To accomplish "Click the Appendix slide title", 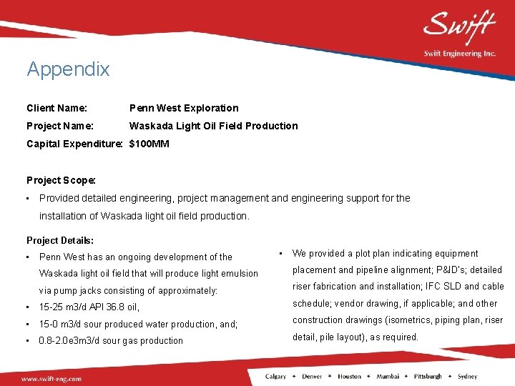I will point(68,69).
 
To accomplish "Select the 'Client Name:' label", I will point(57,108).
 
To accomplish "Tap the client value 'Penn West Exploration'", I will point(184,108).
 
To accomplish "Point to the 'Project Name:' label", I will point(59,126).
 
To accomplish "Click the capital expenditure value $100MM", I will point(149,144).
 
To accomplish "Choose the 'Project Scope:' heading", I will point(61,180).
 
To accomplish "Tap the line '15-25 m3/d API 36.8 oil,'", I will point(89,307).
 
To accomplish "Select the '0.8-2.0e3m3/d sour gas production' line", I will point(111,341).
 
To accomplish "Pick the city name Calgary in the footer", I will point(275,377).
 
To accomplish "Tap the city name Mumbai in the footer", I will point(388,377).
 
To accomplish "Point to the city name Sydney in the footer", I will point(468,377).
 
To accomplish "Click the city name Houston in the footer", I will point(350,377).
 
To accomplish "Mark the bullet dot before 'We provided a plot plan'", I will point(282,253).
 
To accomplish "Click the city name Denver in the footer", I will point(312,377).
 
